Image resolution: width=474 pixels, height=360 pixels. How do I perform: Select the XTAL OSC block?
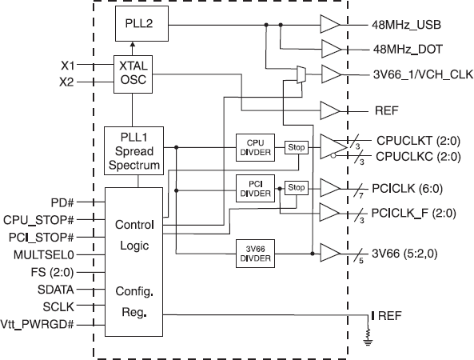[x=133, y=74]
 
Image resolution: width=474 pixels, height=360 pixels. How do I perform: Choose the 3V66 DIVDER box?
[x=255, y=254]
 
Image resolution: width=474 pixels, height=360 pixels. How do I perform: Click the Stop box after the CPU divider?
[x=297, y=147]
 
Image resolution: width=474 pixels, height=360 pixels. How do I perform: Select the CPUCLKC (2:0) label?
[x=416, y=154]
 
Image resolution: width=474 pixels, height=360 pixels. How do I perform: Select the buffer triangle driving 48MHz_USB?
[x=330, y=25]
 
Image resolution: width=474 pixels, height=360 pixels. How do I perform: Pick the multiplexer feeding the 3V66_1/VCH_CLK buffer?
[x=301, y=75]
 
